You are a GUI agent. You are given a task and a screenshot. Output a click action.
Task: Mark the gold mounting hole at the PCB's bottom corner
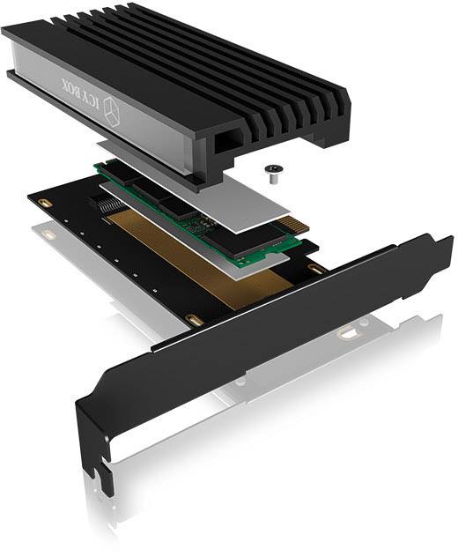[x=195, y=319]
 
